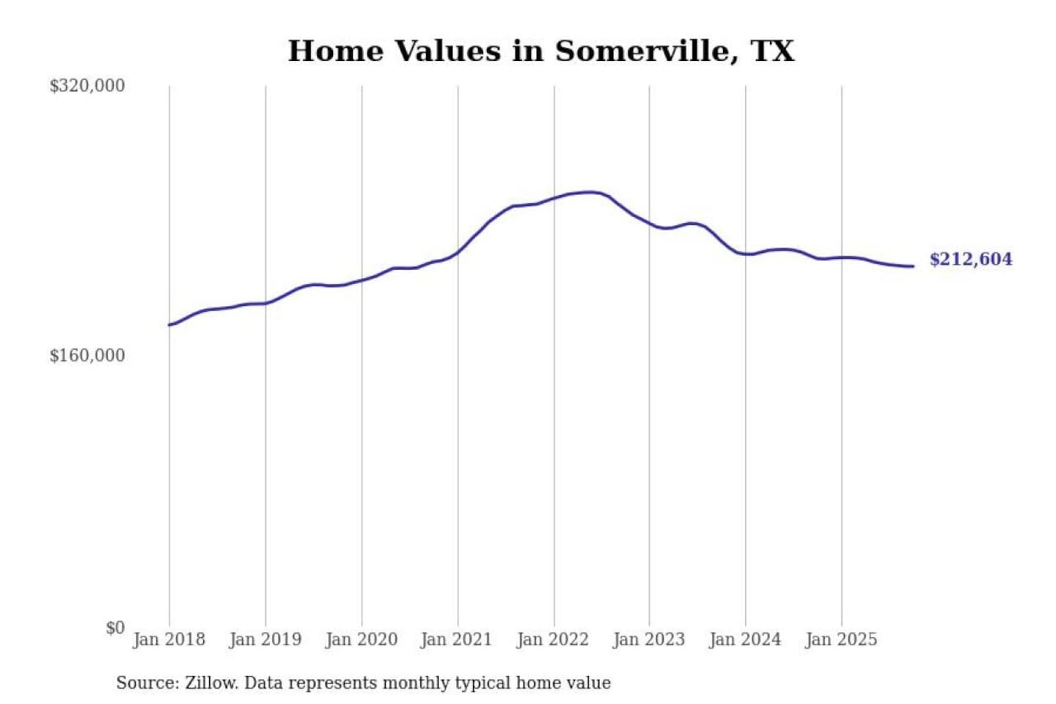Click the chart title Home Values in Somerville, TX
coord(540,51)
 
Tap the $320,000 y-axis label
coord(87,86)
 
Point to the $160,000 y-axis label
coord(87,356)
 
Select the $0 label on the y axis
coord(115,628)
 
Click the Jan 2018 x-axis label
coord(169,639)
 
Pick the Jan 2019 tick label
coord(265,639)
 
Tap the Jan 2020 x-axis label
coord(361,639)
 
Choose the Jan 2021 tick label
coord(456,639)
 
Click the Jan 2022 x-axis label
coord(552,639)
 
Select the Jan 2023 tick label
coord(648,639)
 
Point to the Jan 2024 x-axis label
coord(744,639)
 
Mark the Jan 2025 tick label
coord(840,639)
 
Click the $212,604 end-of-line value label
coord(970,259)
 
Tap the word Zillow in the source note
coord(210,683)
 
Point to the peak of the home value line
coord(590,192)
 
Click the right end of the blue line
coord(913,266)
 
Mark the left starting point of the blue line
coord(169,325)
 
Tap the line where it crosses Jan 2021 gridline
coord(458,252)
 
